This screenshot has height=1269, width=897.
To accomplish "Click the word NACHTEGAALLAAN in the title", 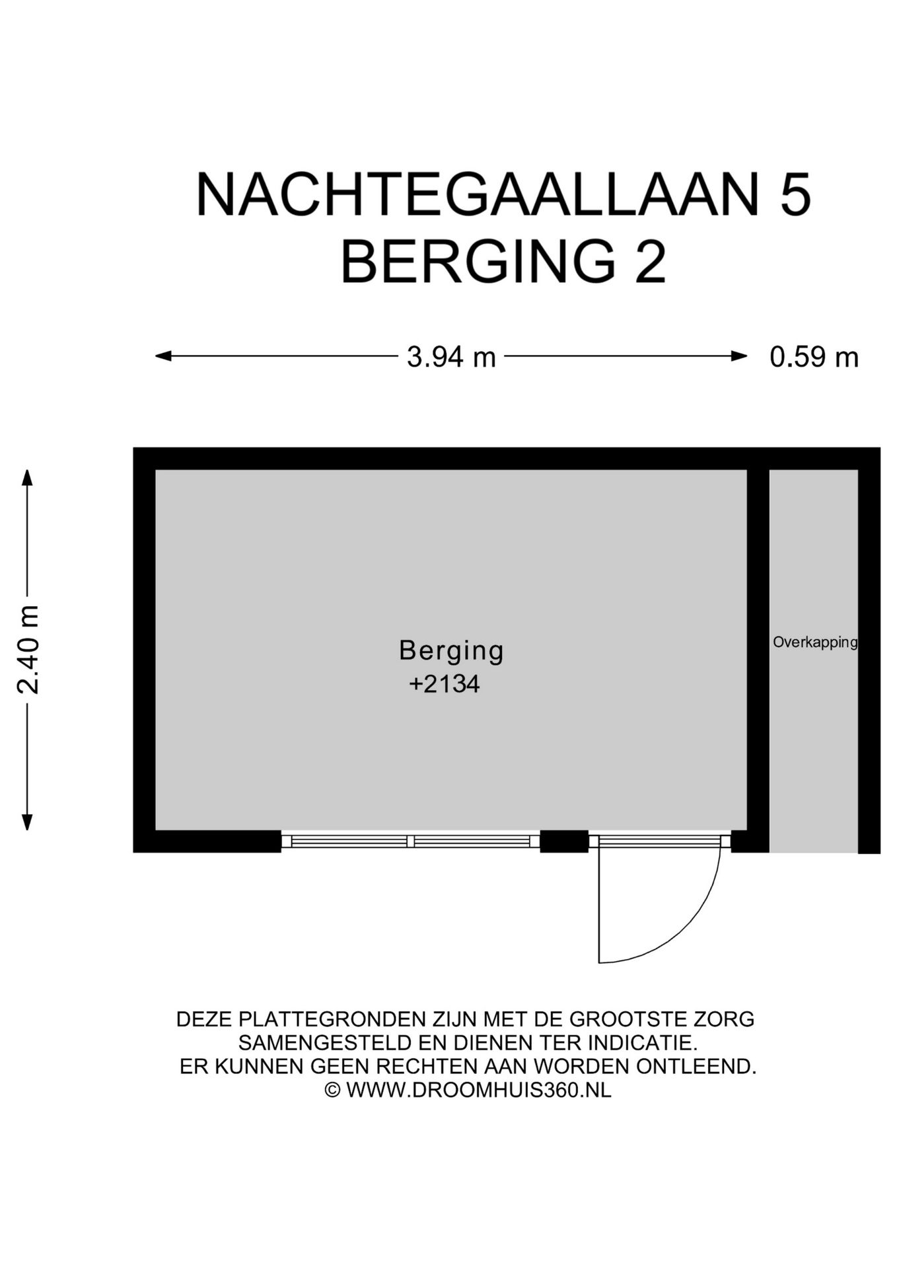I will tap(477, 195).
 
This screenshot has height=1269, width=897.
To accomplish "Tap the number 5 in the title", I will tap(795, 195).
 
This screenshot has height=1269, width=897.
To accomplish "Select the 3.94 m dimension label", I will tap(451, 358).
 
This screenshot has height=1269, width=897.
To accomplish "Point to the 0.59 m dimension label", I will tap(814, 358).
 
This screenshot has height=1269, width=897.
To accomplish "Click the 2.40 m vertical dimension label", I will tap(28, 649).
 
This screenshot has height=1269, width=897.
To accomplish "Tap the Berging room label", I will tap(451, 650).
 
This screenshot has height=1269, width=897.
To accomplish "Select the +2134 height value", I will tap(444, 684).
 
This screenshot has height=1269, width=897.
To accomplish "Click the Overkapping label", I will tap(814, 642).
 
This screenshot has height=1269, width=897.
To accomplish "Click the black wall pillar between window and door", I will tap(564, 841).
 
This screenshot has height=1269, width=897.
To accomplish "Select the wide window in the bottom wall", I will tap(411, 841).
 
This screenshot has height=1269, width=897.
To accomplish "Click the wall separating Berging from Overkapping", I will tap(758, 654).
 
